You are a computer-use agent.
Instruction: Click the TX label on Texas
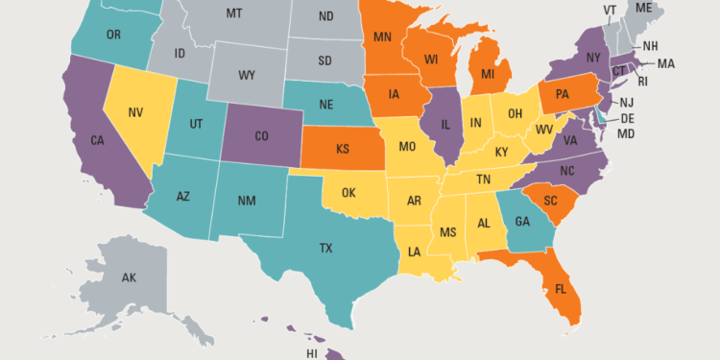(x=325, y=248)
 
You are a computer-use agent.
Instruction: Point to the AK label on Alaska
(x=130, y=277)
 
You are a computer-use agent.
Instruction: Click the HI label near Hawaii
(x=311, y=354)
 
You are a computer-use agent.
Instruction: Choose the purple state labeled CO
(x=262, y=135)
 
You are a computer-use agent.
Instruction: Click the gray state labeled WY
(x=246, y=74)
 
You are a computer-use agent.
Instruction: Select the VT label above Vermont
(x=610, y=11)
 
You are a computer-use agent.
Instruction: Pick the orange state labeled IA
(x=394, y=94)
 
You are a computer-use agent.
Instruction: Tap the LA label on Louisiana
(x=413, y=252)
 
